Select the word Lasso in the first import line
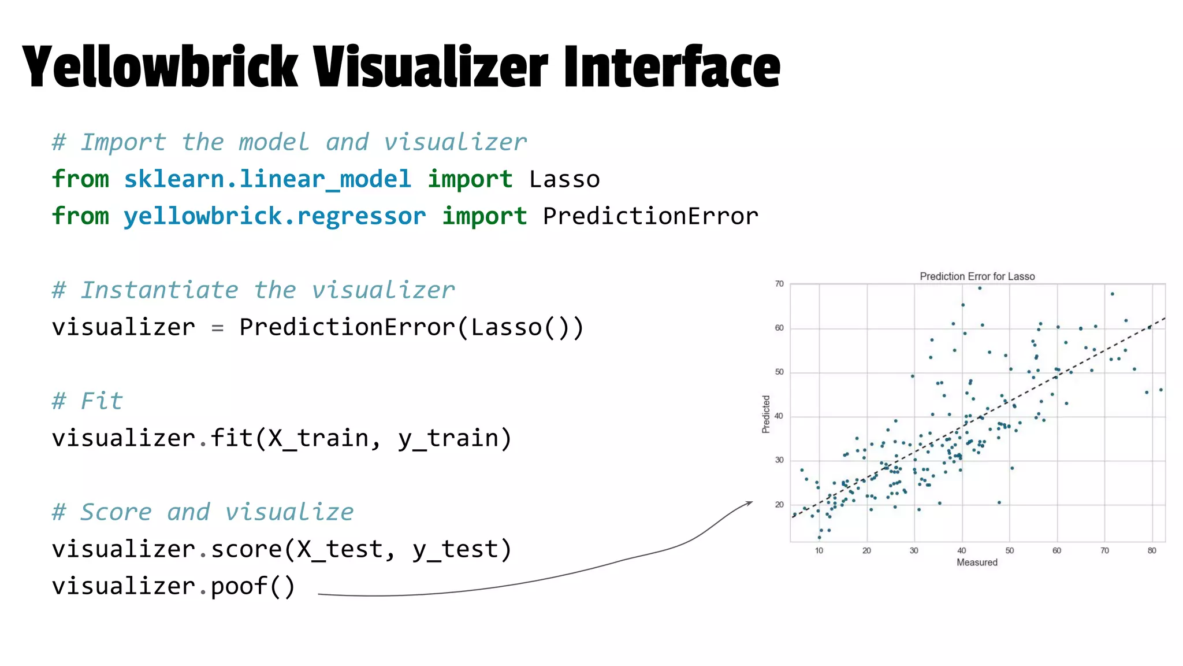point(564,179)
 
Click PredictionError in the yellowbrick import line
point(650,216)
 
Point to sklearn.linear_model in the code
point(267,179)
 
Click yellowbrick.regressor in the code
point(275,216)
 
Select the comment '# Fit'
point(87,401)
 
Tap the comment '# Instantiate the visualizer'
point(253,290)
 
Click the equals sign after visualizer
point(217,328)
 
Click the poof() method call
point(253,586)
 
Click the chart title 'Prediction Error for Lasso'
point(977,276)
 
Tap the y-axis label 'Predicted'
point(766,414)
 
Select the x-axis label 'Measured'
point(977,563)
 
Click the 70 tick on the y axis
point(779,284)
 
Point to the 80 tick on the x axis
point(1152,550)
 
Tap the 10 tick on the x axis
point(819,550)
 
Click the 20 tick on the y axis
point(779,505)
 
